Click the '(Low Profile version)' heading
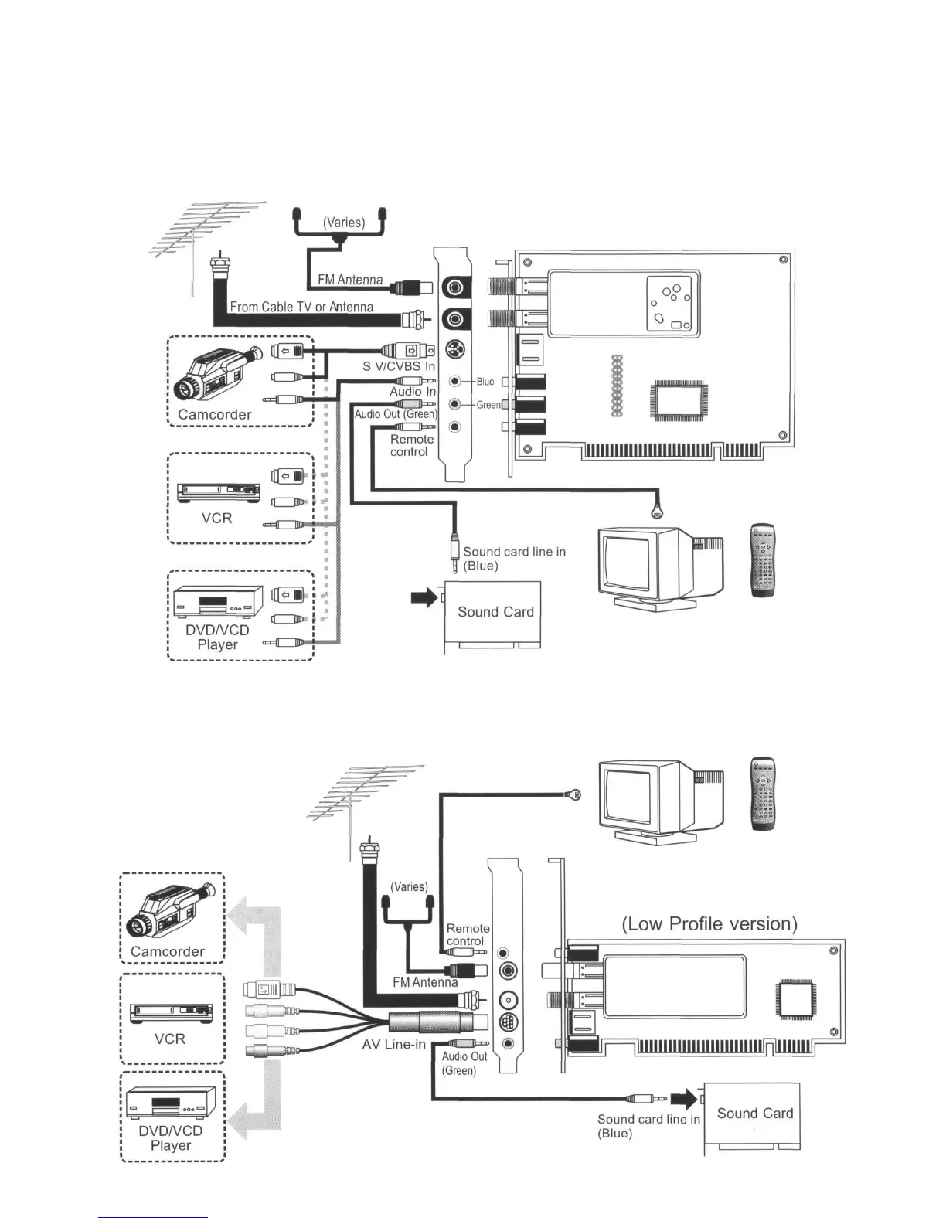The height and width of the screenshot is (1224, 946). coord(709,924)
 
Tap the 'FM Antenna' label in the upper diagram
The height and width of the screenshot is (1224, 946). coord(350,280)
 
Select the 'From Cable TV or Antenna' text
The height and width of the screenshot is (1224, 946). coord(301,307)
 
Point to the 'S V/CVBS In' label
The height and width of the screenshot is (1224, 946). coord(399,366)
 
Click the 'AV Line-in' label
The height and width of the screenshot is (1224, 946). coord(393,1045)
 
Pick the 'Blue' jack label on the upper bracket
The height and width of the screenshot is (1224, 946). coord(485,382)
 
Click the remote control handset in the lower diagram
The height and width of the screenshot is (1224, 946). coord(763,794)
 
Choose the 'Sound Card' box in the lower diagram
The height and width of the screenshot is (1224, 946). coord(754,1113)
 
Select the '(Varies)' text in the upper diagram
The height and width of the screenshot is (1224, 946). coord(343,223)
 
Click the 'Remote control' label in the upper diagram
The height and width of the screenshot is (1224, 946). coord(411,445)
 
